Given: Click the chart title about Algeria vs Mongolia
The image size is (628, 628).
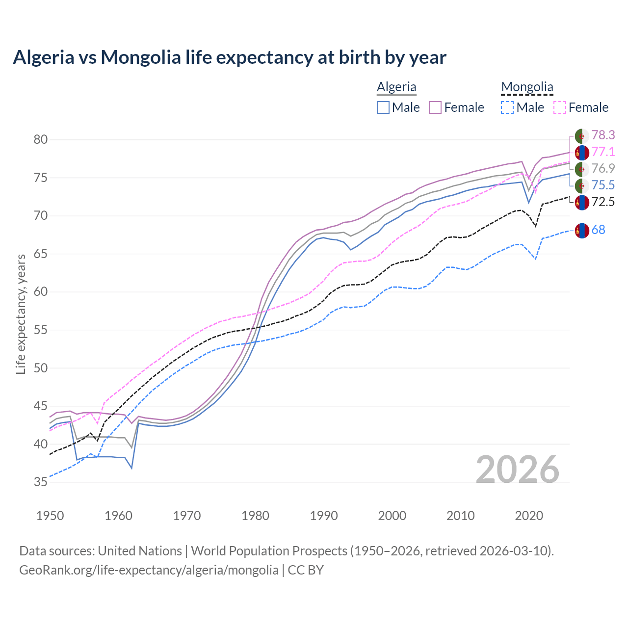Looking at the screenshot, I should pyautogui.click(x=230, y=57).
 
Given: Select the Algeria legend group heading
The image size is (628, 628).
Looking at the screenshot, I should pyautogui.click(x=396, y=87).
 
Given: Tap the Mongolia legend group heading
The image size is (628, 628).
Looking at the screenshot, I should pyautogui.click(x=527, y=87).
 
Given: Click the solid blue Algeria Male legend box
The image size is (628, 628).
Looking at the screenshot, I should pyautogui.click(x=383, y=107).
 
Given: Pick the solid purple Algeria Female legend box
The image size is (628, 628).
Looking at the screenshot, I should pyautogui.click(x=436, y=107).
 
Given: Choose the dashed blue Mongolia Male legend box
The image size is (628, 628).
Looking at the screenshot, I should pyautogui.click(x=507, y=107).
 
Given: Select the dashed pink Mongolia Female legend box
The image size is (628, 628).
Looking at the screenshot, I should pyautogui.click(x=560, y=107).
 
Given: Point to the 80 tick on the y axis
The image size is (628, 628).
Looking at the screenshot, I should pyautogui.click(x=40, y=140).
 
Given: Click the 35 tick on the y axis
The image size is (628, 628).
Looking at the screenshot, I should pyautogui.click(x=40, y=482).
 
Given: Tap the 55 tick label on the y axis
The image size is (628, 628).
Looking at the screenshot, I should pyautogui.click(x=40, y=330).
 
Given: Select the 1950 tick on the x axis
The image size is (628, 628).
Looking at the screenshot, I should pyautogui.click(x=50, y=516).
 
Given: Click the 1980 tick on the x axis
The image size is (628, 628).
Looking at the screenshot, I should pyautogui.click(x=255, y=516).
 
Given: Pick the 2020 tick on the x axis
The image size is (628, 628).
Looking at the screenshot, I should pyautogui.click(x=529, y=516).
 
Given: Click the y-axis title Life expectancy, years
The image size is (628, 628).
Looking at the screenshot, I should pyautogui.click(x=21, y=314).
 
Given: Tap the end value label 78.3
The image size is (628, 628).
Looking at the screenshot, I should pyautogui.click(x=603, y=135).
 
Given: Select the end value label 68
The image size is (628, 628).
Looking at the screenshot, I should pyautogui.click(x=598, y=230).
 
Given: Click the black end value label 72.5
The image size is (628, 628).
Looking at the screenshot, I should pyautogui.click(x=603, y=202).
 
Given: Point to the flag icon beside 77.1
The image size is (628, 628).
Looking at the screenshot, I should pyautogui.click(x=582, y=153).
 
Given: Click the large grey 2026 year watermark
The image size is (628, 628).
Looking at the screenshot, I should pyautogui.click(x=517, y=470).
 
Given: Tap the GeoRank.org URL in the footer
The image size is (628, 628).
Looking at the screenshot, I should pyautogui.click(x=149, y=570).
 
